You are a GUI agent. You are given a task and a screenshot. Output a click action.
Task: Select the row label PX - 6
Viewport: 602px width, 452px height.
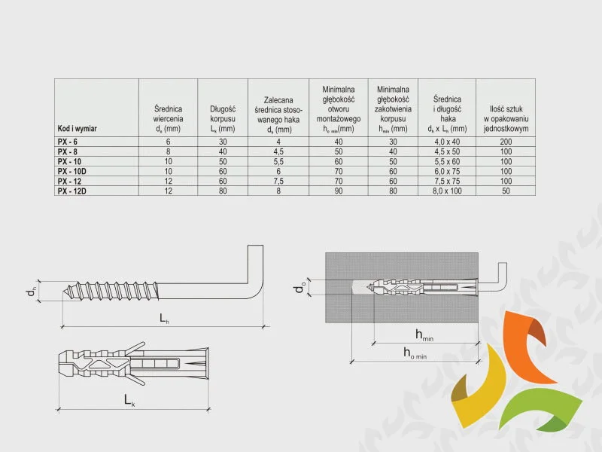[x=68, y=142]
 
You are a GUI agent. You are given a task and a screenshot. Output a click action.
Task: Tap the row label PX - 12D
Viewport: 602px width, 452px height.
[x=72, y=191]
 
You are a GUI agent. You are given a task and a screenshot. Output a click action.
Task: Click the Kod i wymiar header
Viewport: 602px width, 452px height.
[x=78, y=128]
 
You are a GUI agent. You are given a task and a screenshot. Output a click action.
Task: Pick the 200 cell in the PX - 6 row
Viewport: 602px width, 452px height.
[x=506, y=142]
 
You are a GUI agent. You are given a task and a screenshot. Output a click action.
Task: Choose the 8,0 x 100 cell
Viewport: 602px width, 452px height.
[x=447, y=191]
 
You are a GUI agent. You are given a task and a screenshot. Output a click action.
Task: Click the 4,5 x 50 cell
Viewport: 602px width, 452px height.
[x=447, y=152]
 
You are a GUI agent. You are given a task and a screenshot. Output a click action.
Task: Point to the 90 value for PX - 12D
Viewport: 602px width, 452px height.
[x=338, y=191]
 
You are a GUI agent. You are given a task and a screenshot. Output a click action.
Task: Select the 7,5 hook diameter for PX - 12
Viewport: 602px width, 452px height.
[x=278, y=181]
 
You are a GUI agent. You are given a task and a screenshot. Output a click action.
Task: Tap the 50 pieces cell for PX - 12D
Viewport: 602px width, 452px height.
[x=506, y=191]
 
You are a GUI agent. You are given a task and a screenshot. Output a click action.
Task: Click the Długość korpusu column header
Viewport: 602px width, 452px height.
[x=223, y=119]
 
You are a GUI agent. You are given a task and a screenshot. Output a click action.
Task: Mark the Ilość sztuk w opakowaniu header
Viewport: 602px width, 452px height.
[x=506, y=119]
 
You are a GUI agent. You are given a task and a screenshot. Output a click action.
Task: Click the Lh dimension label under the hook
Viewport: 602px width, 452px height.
[x=164, y=318]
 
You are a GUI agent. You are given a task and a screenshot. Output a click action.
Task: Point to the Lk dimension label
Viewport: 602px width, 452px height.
[x=129, y=401]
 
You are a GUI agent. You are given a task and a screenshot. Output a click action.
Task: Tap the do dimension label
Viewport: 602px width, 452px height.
[x=300, y=287]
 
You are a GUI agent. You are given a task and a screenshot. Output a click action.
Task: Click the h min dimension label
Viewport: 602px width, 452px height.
[x=424, y=335]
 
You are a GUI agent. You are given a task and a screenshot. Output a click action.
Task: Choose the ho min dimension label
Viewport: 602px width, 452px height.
[x=415, y=353]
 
